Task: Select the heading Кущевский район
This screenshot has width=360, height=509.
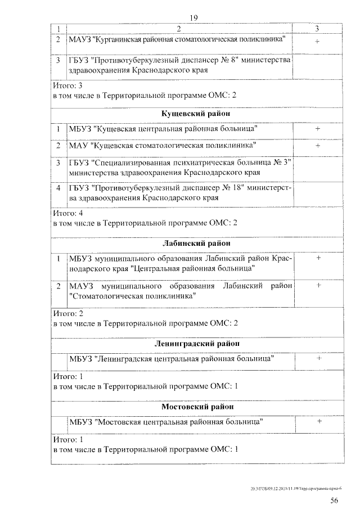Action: [x=196, y=114]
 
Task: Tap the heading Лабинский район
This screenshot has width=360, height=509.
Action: [x=196, y=243]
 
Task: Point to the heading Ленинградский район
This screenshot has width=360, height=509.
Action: [x=196, y=343]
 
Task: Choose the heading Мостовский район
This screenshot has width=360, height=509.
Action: [x=196, y=406]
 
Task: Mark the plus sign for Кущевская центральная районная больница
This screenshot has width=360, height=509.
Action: [x=318, y=129]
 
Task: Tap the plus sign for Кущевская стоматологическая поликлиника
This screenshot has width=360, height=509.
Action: [x=318, y=145]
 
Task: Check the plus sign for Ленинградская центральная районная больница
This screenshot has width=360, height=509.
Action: [x=318, y=358]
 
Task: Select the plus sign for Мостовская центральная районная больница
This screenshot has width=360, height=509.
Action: [x=318, y=421]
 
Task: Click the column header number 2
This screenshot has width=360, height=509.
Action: [x=179, y=28]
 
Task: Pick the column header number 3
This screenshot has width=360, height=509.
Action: [x=318, y=28]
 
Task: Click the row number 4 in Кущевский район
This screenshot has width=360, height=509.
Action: [x=58, y=188]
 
